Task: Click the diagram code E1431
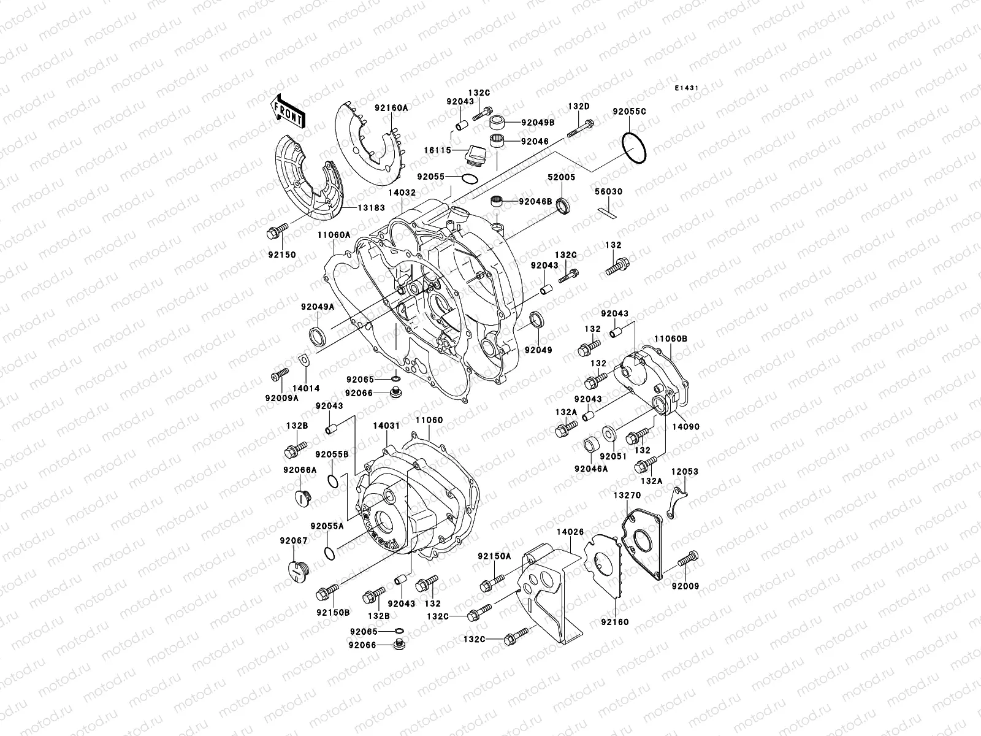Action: [687, 88]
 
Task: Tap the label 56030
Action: [608, 192]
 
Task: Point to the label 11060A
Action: [334, 235]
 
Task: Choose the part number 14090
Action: [685, 427]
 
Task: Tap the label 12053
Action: [684, 472]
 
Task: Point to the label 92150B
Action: [333, 612]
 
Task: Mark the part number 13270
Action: [624, 494]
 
